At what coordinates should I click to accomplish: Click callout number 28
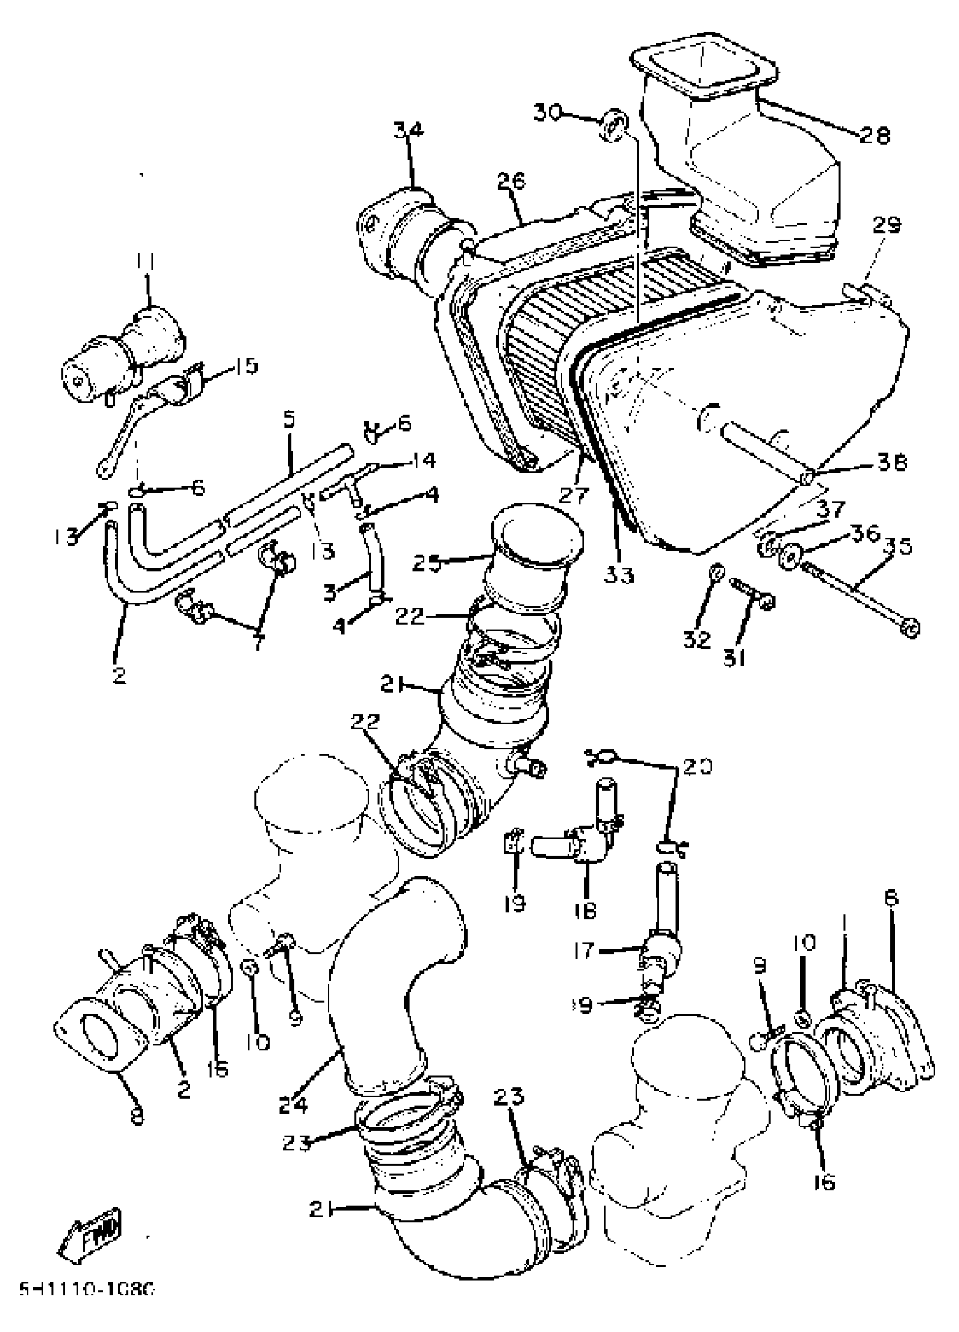click(x=875, y=135)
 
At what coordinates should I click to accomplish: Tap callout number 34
click(x=408, y=130)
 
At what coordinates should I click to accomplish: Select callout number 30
click(x=548, y=111)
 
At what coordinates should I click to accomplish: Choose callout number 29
click(x=886, y=225)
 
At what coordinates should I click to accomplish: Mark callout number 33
click(x=619, y=575)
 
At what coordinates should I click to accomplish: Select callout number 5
click(x=289, y=420)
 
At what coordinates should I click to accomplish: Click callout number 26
click(x=511, y=182)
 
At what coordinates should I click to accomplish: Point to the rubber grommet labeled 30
click(x=614, y=125)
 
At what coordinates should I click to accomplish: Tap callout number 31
click(x=734, y=658)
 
